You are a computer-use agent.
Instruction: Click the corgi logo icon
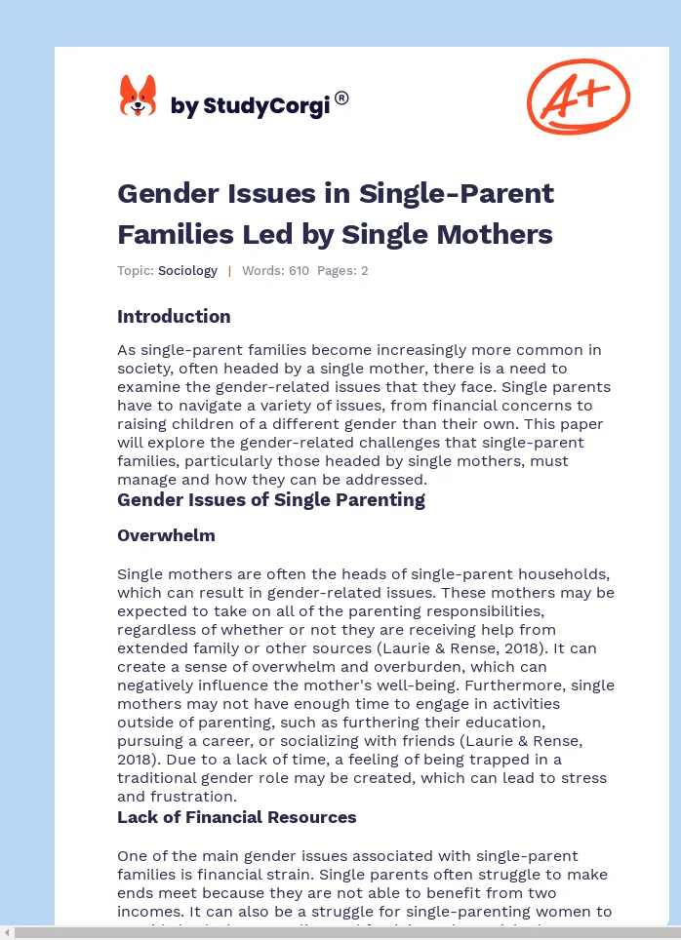(x=138, y=98)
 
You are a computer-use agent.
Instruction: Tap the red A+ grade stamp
(x=579, y=96)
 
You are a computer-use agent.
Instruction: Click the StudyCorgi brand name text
(x=250, y=105)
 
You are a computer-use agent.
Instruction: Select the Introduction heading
(x=174, y=316)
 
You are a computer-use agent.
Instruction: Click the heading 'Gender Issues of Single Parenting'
(x=271, y=500)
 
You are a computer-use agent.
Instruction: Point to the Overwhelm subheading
(x=166, y=535)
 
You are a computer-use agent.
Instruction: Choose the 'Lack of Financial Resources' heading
(x=237, y=817)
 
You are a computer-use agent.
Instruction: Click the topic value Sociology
(x=187, y=271)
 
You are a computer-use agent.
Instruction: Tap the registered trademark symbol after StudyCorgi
(x=341, y=98)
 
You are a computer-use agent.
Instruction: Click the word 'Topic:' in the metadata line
(x=136, y=271)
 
